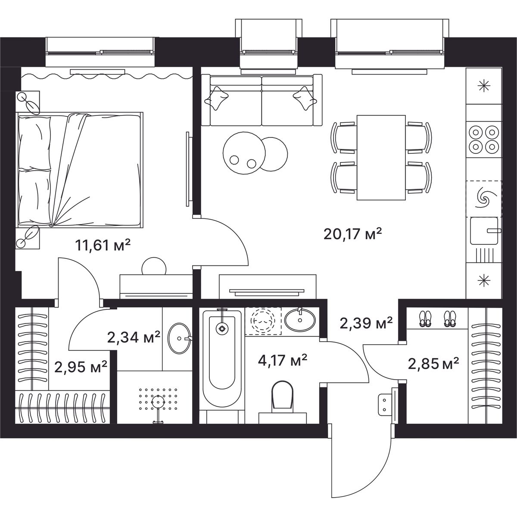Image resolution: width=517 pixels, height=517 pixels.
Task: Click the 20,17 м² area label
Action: coord(352,234)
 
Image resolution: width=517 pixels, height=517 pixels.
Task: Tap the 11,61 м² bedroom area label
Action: coord(103,245)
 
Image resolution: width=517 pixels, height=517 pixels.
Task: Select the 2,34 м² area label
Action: coord(134,337)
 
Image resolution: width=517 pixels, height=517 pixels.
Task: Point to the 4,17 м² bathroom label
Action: coord(282,360)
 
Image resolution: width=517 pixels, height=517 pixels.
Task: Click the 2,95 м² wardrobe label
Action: coord(81,367)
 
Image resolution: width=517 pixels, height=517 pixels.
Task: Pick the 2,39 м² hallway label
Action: coord(366,323)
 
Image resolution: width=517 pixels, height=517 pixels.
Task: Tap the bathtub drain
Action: coord(221,328)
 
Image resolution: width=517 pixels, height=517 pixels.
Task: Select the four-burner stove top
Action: coord(484,140)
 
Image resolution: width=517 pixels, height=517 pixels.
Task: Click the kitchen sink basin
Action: coord(484,231)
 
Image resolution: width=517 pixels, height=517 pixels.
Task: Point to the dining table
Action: coord(381,158)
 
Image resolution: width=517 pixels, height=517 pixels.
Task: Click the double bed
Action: coord(80,169)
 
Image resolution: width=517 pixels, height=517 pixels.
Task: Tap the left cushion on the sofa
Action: coord(216,98)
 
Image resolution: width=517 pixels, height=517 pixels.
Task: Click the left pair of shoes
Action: coord(425,319)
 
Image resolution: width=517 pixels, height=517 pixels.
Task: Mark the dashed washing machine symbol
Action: coord(263,321)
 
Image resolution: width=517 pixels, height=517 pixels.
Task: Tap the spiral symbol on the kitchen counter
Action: coord(484,198)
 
